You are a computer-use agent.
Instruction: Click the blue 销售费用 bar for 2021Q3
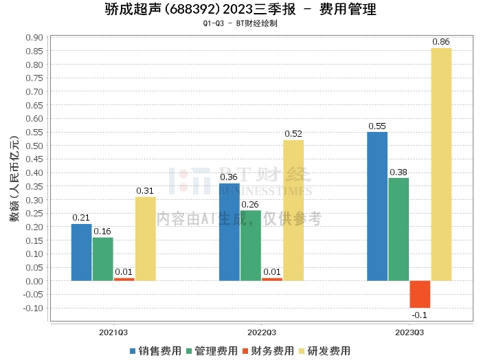[82, 252]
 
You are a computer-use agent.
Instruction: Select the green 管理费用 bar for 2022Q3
[251, 245]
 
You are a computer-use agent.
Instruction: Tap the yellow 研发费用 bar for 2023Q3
[441, 164]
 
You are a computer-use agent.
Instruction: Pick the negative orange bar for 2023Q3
[420, 294]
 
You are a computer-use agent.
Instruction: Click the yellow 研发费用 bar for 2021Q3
[145, 238]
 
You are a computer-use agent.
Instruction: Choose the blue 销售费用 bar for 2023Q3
[377, 206]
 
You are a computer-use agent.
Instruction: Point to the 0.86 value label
[441, 42]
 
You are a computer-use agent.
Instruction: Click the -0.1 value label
[420, 315]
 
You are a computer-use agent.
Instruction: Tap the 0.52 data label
[293, 134]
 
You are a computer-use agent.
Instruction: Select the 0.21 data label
[82, 218]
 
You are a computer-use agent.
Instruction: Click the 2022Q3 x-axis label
[262, 332]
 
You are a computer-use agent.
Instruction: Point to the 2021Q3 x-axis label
[113, 332]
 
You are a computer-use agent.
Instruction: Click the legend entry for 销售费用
[156, 350]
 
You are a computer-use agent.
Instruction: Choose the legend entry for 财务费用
[268, 350]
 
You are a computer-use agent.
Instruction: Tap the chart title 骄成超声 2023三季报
[240, 10]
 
